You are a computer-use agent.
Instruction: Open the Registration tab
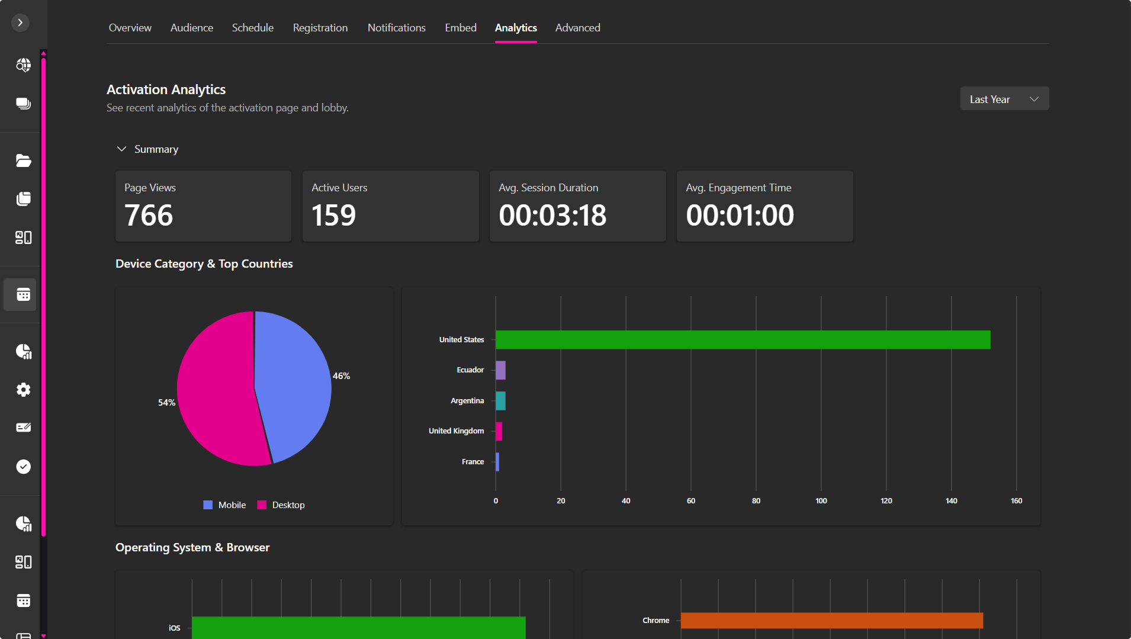[x=320, y=28]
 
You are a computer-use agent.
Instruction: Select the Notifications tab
[x=396, y=28]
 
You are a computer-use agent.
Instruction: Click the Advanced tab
[x=577, y=28]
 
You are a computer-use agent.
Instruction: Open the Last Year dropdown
[x=1004, y=99]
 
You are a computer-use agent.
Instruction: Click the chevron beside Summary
[x=121, y=149]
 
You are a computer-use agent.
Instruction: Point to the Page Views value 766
[x=149, y=215]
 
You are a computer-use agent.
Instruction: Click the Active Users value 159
[x=333, y=215]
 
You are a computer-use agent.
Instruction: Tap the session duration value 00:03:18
[x=552, y=215]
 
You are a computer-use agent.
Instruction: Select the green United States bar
[x=743, y=340]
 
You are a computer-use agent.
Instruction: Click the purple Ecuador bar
[x=500, y=370]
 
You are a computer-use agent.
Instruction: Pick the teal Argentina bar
[x=500, y=401]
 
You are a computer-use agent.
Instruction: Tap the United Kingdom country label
[x=456, y=431]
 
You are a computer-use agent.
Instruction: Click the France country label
[x=473, y=462]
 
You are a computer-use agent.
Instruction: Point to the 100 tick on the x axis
[x=821, y=501]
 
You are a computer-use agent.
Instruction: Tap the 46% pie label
[x=341, y=376]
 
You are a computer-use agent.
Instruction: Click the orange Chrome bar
[x=831, y=621]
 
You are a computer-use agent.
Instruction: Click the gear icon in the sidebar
[x=23, y=390]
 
